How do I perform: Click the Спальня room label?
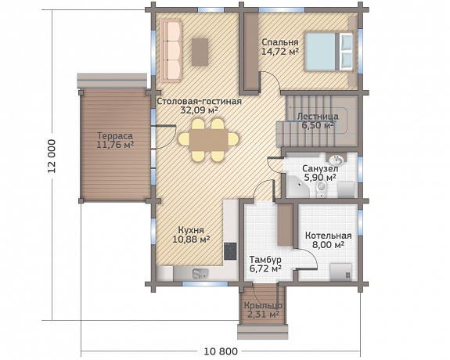(280, 42)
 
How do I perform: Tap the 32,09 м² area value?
(199, 110)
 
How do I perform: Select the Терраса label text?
(115, 136)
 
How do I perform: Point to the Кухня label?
(191, 230)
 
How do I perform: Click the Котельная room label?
(329, 236)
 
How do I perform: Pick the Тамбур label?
(265, 260)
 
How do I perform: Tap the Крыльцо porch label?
(263, 306)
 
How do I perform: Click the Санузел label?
(320, 169)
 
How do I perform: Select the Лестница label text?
(318, 117)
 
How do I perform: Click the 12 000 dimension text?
(52, 156)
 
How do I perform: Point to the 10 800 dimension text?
(221, 351)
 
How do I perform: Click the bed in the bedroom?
(329, 52)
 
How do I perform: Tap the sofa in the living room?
(171, 51)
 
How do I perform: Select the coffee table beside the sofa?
(200, 52)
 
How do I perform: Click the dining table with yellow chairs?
(208, 140)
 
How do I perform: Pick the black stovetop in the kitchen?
(230, 251)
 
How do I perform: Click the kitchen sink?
(200, 274)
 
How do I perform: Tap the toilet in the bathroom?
(322, 189)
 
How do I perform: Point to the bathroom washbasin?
(336, 158)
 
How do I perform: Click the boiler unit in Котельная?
(340, 272)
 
